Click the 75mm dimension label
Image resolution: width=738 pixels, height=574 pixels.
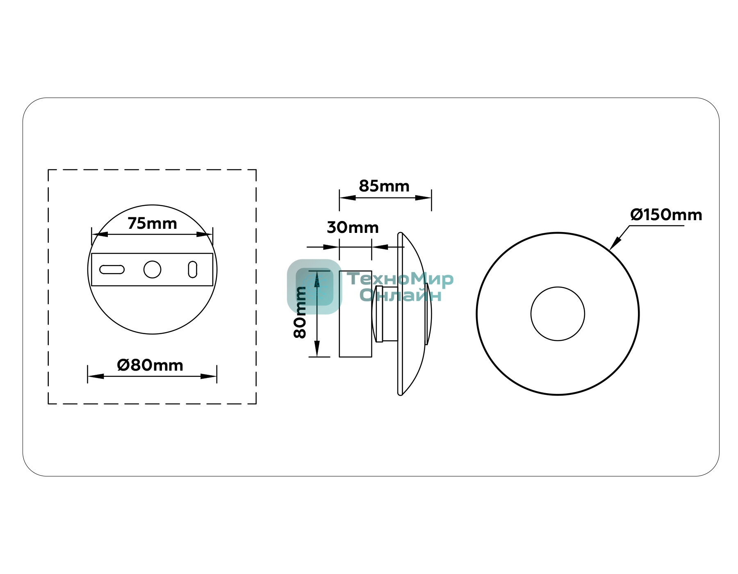coord(152,223)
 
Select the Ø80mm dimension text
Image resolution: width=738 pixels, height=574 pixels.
coord(150,365)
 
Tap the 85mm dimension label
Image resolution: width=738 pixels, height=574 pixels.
coord(384,186)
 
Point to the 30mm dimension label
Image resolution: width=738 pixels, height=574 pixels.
coord(353,228)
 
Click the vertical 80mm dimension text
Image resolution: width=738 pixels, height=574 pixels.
coord(300,312)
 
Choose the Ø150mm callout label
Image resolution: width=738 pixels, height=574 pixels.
coord(666,215)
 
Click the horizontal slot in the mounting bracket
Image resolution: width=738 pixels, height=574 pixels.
coord(112,269)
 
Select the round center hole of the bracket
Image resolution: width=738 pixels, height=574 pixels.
coord(152,269)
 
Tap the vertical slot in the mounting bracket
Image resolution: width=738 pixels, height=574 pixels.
coord(193,269)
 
